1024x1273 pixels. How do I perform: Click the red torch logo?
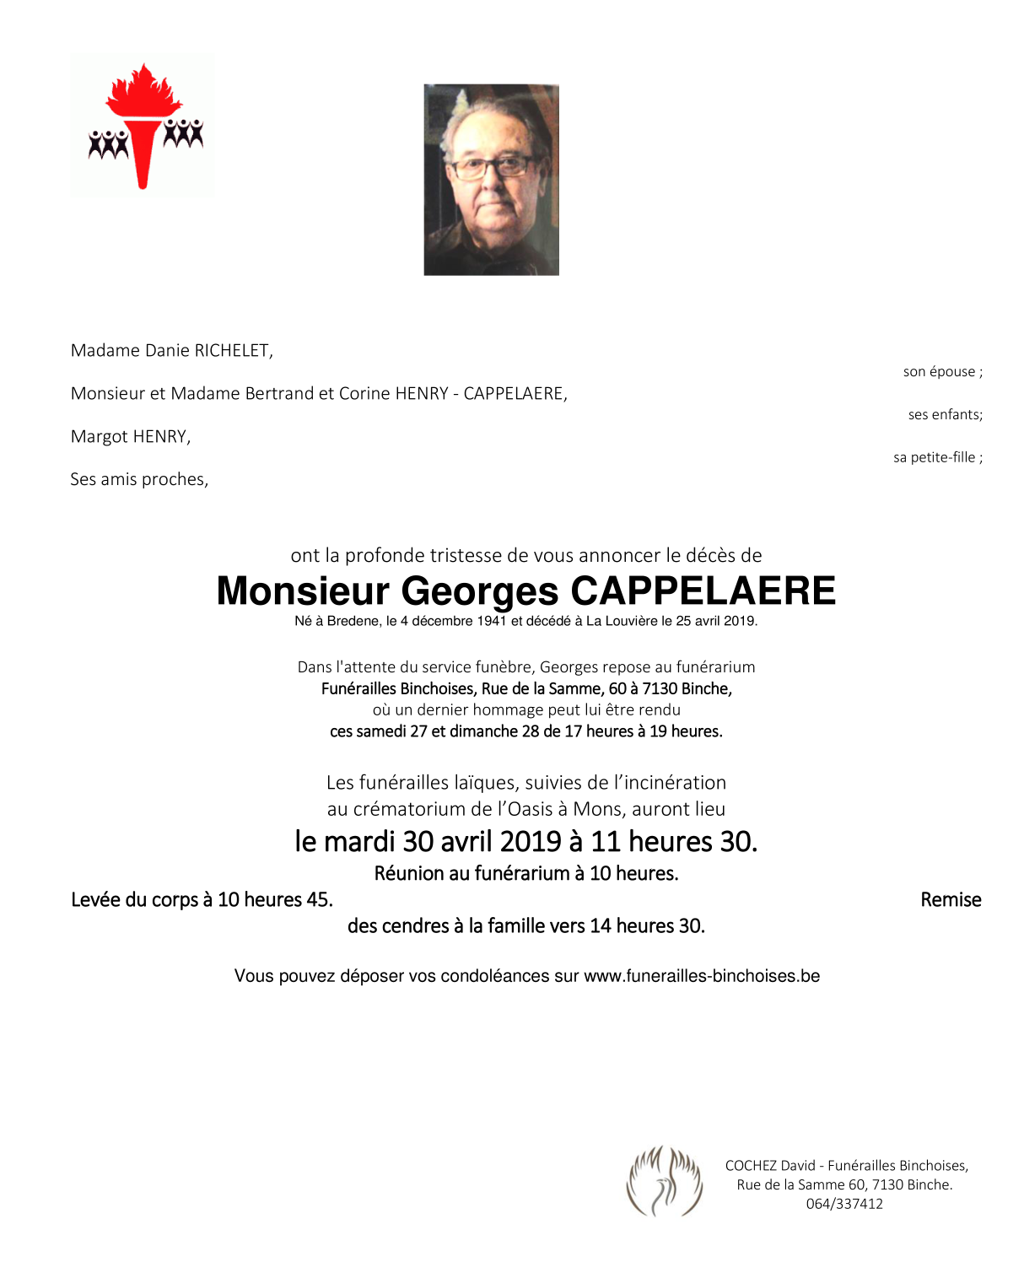click(143, 125)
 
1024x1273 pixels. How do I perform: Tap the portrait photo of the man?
click(491, 180)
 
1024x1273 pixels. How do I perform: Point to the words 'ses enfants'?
click(943, 415)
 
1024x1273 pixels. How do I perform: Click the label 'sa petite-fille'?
click(935, 458)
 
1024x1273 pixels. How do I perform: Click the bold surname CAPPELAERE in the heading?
click(703, 591)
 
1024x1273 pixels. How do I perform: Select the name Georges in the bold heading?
click(479, 591)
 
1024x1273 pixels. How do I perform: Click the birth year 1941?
click(491, 622)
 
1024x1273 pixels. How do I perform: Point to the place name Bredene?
click(353, 622)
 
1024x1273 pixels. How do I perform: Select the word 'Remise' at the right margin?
click(951, 900)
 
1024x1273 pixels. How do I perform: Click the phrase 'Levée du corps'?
click(134, 900)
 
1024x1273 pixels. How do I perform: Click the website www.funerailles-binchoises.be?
click(702, 976)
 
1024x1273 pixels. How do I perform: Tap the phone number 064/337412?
click(844, 1205)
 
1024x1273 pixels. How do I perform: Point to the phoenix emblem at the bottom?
click(665, 1181)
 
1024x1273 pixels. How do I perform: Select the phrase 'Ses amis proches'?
click(139, 480)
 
